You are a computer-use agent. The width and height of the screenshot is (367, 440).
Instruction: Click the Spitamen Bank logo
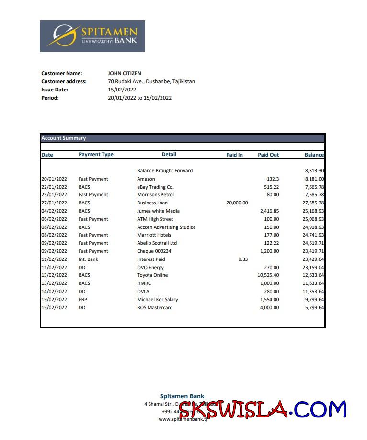coord(92,36)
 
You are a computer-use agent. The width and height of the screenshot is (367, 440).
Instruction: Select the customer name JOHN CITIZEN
coord(125,73)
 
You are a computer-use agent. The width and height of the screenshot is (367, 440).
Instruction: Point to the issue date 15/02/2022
coord(122,90)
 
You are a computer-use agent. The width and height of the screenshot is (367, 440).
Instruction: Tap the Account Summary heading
coord(64,138)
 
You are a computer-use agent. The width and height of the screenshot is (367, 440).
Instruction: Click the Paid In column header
coord(234,155)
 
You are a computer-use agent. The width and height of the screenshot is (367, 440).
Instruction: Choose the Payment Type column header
coord(96,154)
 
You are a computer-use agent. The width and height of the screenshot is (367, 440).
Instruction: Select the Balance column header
coord(314,155)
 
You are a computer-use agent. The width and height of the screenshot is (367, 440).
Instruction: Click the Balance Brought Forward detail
coord(165,170)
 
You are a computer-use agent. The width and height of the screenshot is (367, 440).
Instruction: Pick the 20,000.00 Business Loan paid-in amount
coord(237,203)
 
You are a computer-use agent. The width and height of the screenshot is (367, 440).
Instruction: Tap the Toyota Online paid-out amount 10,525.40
coord(268,275)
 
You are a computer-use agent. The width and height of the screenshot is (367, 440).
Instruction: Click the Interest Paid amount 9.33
coord(243,259)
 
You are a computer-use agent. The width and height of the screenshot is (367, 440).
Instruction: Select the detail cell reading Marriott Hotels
coord(154,235)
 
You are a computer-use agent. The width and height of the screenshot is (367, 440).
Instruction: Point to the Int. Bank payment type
coord(89,259)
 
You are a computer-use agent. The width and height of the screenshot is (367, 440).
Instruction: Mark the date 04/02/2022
coord(54,211)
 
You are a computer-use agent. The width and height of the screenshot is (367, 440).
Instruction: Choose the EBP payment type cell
coord(83,299)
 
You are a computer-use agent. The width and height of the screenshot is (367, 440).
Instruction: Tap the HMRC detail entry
coord(144,283)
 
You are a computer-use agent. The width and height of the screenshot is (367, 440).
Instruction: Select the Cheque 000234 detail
coord(154,251)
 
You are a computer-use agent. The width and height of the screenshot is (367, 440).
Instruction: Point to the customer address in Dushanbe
coord(151,81)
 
